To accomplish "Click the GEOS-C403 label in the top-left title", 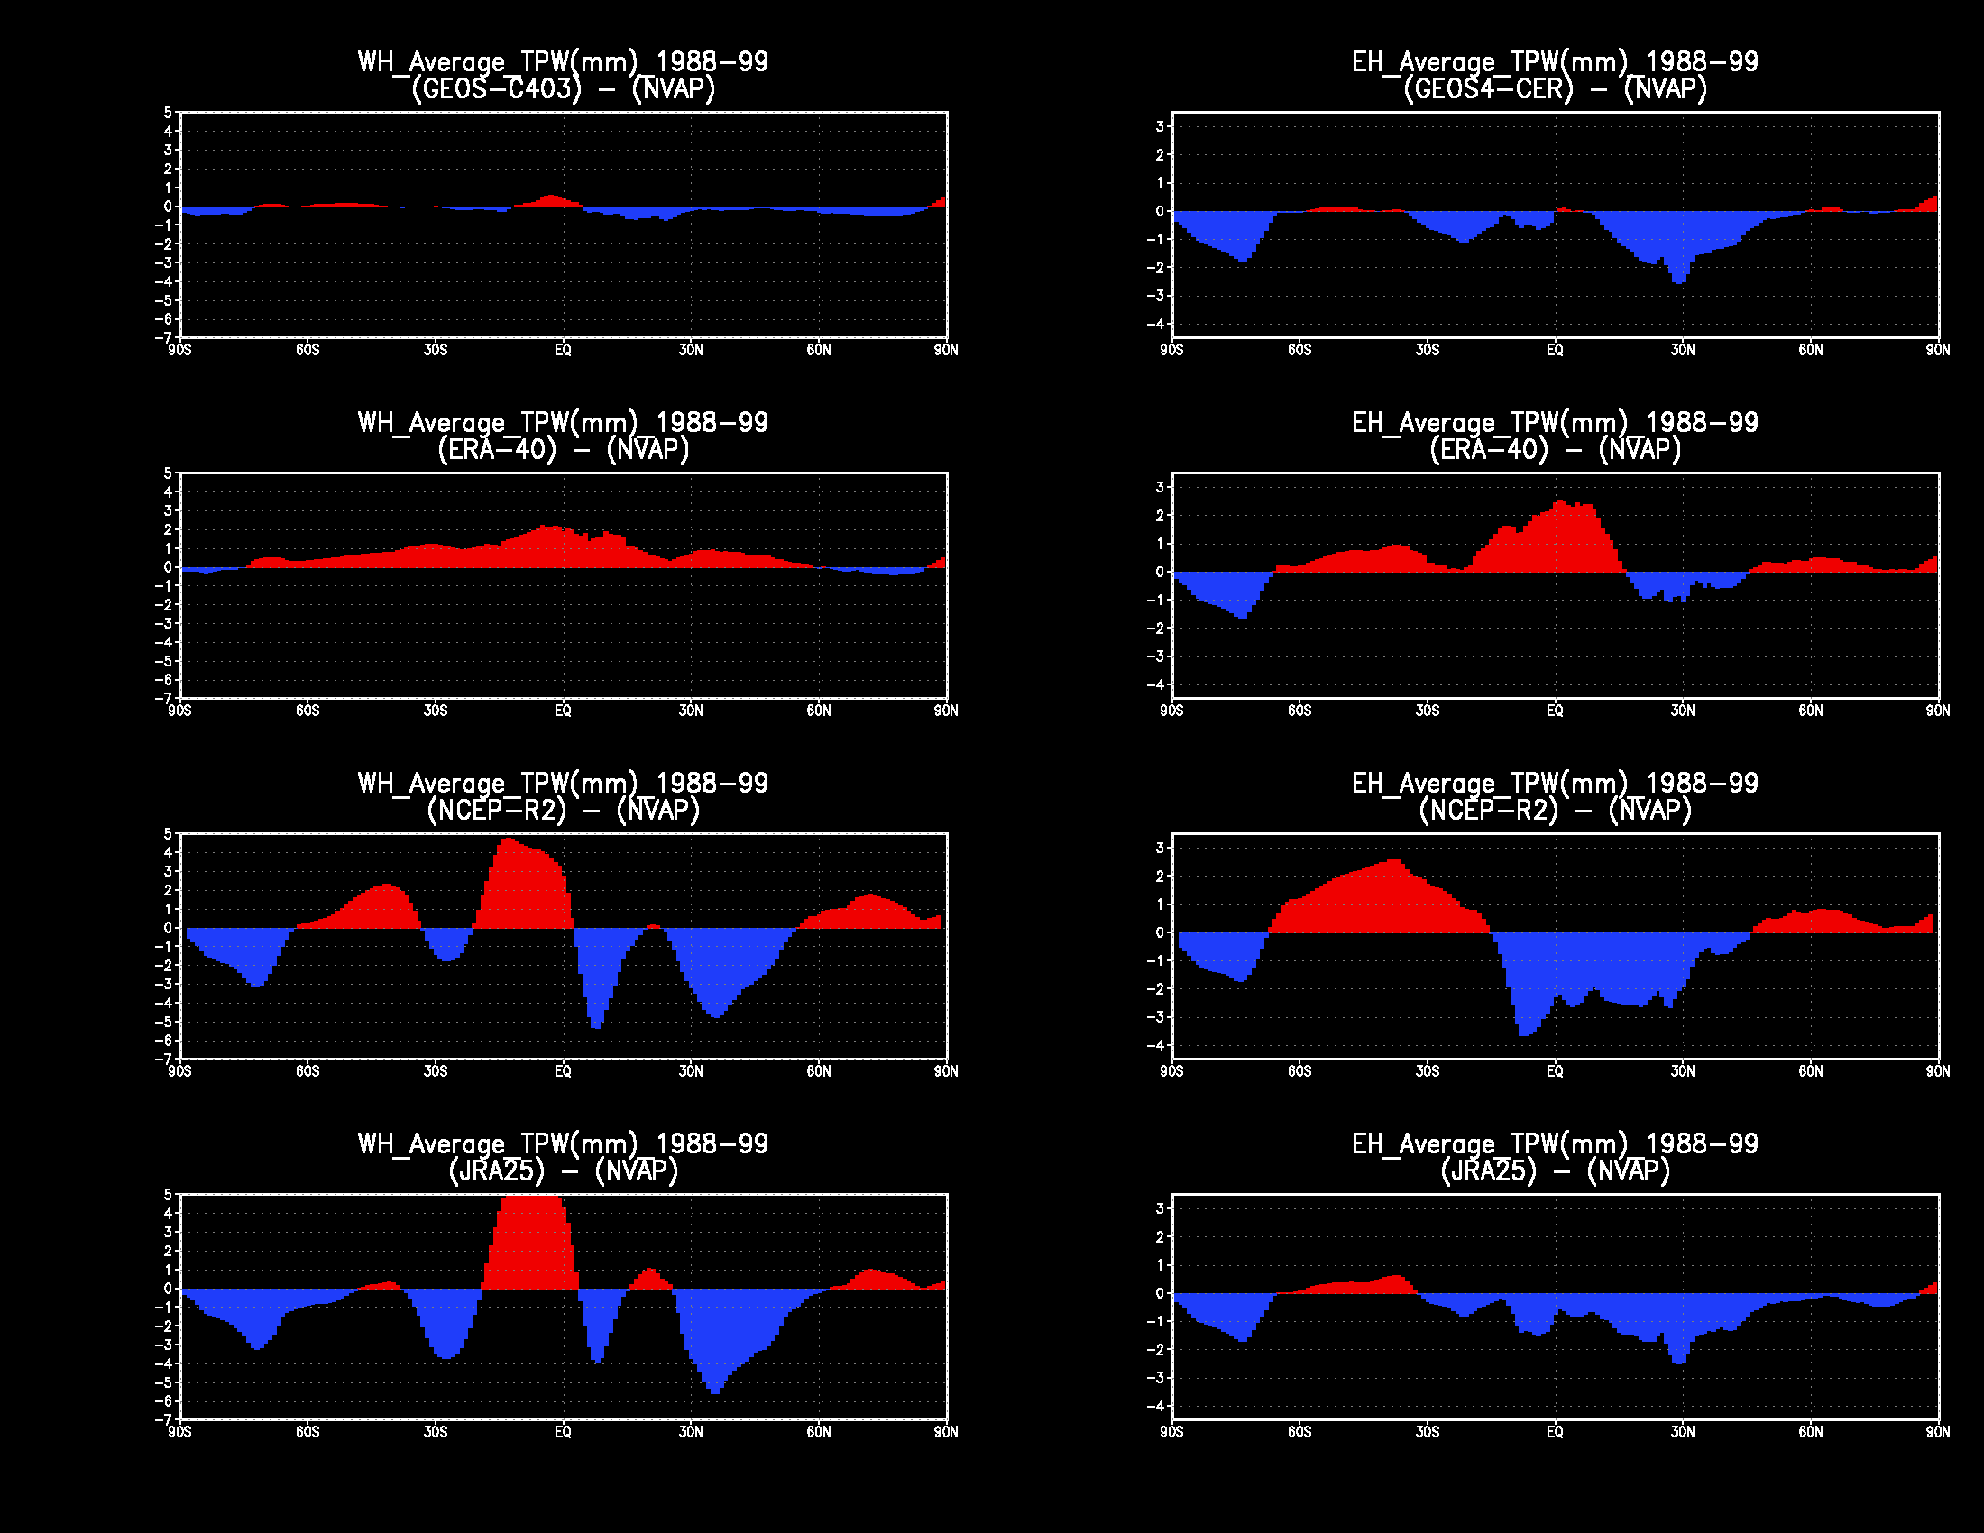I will [x=496, y=89].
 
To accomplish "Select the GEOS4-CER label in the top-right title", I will [x=1488, y=89].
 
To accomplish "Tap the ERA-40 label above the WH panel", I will [x=497, y=450].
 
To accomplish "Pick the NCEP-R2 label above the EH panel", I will [x=1488, y=810].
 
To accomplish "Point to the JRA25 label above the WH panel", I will [x=497, y=1170].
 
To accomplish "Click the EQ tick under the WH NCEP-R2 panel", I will [x=564, y=1071].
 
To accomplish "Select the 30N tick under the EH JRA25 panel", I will [x=1683, y=1432].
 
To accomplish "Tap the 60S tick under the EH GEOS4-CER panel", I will [x=1299, y=351].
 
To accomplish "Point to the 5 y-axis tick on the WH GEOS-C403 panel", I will [x=167, y=113].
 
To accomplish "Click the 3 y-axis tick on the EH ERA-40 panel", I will [x=1159, y=488].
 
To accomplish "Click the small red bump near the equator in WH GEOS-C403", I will [x=550, y=201].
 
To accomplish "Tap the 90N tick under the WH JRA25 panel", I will [x=946, y=1432].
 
